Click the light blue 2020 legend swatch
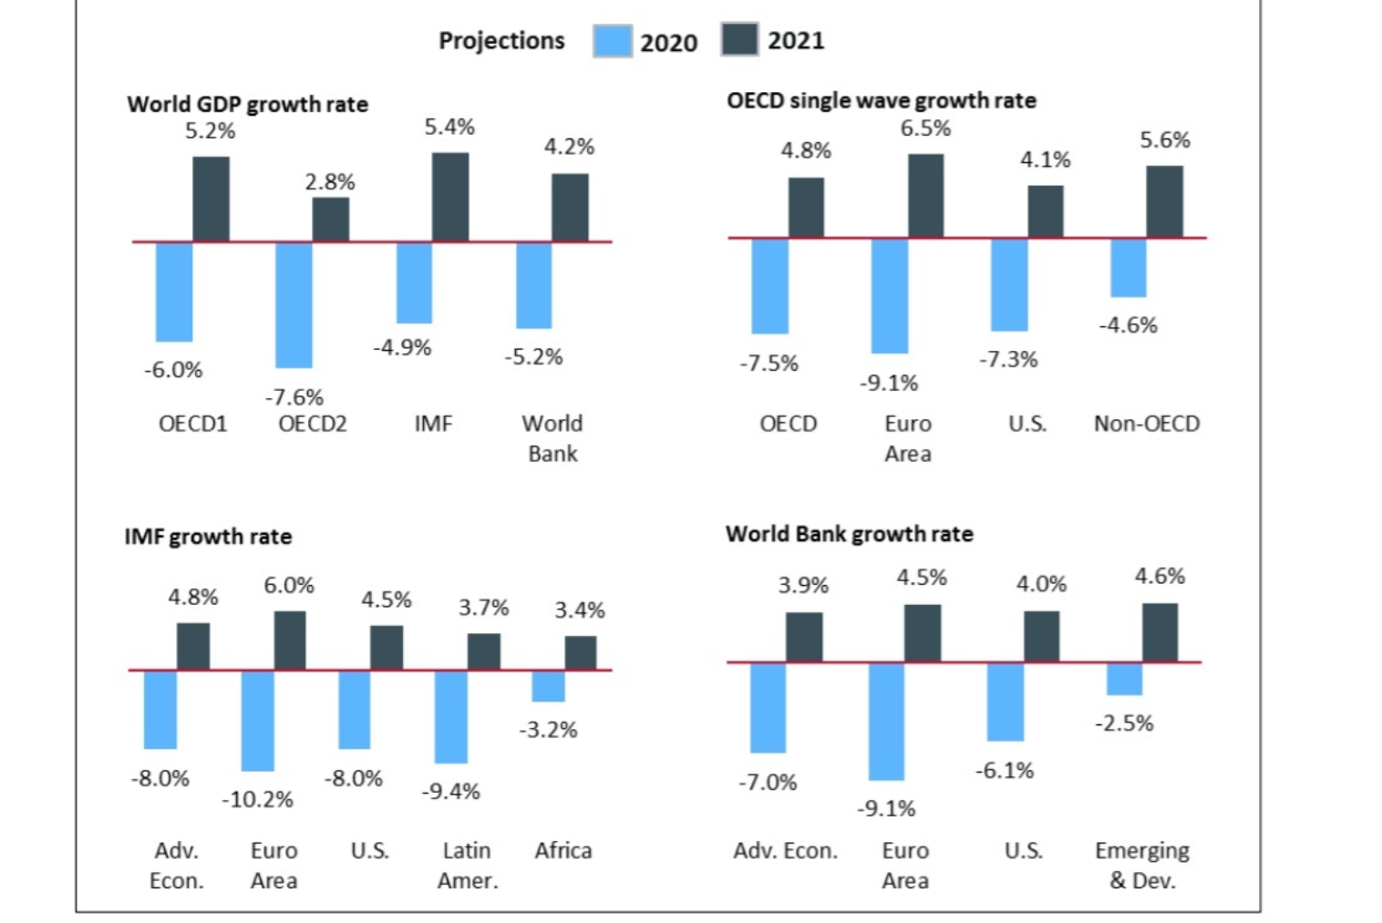pos(613,41)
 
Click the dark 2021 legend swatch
pos(739,40)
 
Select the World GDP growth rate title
pos(247,105)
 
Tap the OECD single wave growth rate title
pos(881,100)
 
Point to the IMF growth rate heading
pos(208,537)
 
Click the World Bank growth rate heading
pos(849,534)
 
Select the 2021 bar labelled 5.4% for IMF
pos(450,197)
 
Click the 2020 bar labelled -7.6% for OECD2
pos(294,304)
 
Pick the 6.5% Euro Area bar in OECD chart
pos(925,196)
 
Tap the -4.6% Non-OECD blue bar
pos(1128,268)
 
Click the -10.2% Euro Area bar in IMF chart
pos(257,720)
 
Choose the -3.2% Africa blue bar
pos(548,686)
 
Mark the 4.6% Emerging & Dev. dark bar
pos(1160,632)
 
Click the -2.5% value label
pos(1124,723)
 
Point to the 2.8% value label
pos(330,182)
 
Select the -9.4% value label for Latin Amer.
pos(450,791)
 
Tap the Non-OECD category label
pos(1147,424)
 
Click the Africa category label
pos(563,850)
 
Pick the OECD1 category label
pos(192,424)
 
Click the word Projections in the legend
pos(501,41)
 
